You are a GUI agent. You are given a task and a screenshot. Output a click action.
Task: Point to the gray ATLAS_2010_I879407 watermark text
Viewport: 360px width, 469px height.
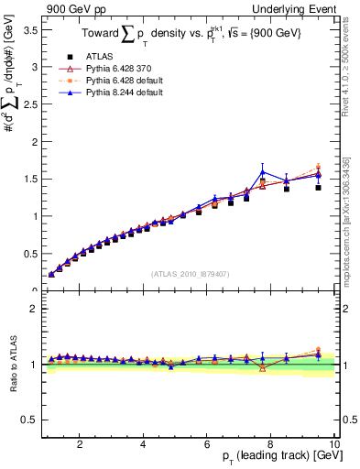point(190,272)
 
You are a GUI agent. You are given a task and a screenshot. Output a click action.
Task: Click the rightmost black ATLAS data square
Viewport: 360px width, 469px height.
point(318,187)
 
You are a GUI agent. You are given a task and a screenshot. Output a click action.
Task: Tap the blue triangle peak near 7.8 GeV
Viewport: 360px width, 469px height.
point(263,172)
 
